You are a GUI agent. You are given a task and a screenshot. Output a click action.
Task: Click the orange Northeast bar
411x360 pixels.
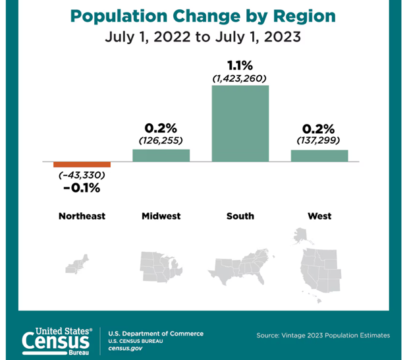click(82, 165)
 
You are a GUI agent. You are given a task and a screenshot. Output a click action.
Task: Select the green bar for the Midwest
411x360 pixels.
click(161, 155)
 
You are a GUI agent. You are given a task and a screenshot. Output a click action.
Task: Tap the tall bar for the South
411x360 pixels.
click(240, 123)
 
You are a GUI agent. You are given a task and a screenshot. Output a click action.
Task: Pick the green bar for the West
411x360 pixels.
click(319, 156)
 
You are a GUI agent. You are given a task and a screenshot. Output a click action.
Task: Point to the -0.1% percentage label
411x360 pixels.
click(82, 189)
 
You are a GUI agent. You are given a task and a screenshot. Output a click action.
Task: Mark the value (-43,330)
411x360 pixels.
click(82, 176)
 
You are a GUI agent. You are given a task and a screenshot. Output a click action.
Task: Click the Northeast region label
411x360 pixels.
click(82, 216)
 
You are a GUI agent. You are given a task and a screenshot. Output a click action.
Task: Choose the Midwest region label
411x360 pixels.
click(161, 216)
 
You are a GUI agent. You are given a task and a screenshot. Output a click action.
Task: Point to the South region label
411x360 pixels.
click(240, 216)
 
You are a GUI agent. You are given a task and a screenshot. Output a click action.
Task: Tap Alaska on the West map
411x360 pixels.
click(301, 235)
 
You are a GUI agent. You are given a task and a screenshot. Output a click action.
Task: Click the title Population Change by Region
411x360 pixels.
click(204, 16)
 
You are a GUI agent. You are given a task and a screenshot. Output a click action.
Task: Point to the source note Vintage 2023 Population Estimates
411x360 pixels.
click(323, 336)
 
